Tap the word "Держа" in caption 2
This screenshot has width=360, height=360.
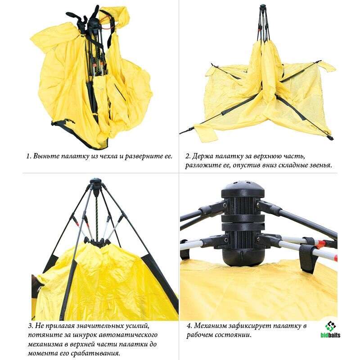click(202, 156)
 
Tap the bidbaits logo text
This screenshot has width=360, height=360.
click(330, 335)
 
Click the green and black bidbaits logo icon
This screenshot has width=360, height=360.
click(330, 326)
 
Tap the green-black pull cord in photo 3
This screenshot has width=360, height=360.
click(97, 216)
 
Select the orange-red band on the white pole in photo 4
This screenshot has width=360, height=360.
click(320, 244)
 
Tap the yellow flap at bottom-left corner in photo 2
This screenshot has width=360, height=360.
click(206, 133)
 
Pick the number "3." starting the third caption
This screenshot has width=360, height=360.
click(31, 326)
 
